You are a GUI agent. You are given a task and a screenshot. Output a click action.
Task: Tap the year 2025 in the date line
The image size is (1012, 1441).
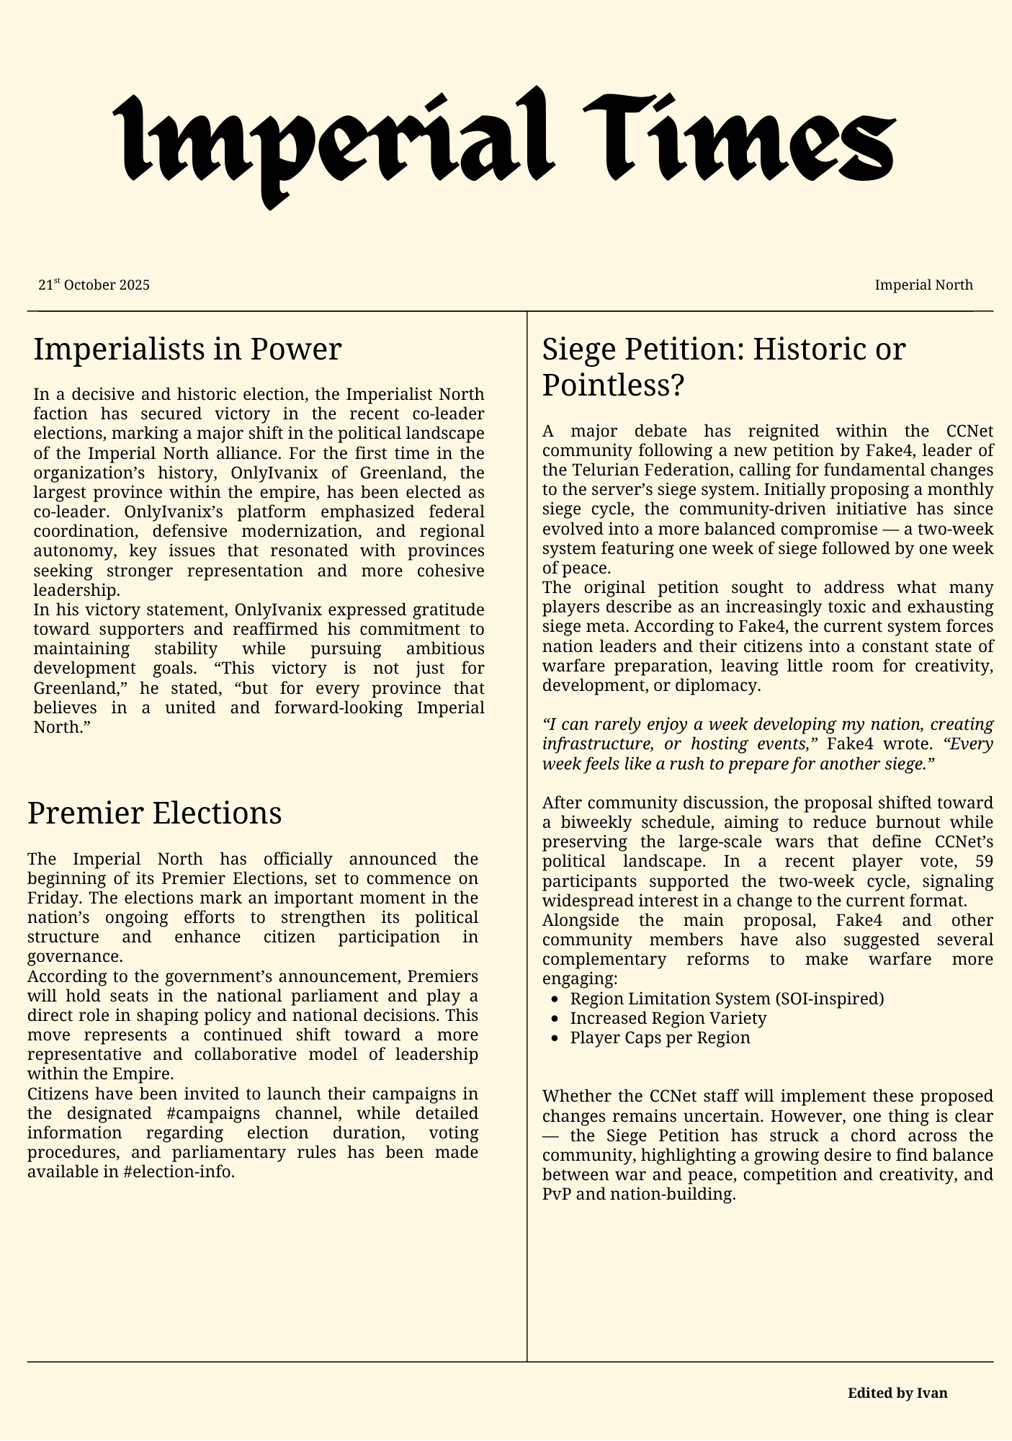tap(135, 285)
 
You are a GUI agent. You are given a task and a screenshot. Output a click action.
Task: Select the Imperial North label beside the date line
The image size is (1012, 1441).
tap(923, 285)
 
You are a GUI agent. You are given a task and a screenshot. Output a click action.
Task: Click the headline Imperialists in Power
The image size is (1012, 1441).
tap(187, 350)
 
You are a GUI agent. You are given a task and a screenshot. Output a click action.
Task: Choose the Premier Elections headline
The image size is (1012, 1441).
tap(154, 813)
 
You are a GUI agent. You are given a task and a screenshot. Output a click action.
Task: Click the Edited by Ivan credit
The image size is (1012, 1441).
tap(897, 1393)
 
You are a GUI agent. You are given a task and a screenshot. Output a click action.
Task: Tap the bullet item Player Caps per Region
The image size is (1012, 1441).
tap(660, 1038)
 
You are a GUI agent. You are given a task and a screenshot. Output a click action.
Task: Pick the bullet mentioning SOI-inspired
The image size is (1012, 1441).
tap(726, 999)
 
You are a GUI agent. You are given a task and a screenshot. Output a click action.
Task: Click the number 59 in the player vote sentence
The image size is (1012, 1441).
tap(983, 861)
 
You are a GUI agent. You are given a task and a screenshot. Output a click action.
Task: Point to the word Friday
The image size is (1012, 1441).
tap(50, 898)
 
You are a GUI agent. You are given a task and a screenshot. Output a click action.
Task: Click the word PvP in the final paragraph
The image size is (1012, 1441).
tap(558, 1195)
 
